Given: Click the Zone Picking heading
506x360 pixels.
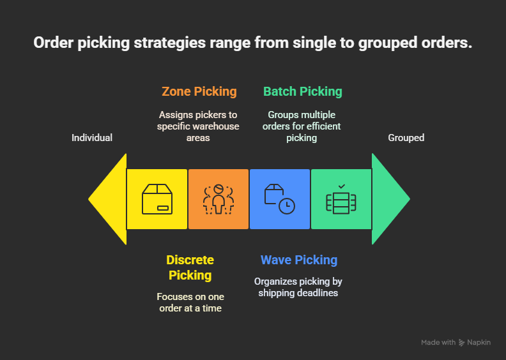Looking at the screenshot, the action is (199, 91).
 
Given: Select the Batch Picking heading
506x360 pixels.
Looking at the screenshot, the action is (303, 91).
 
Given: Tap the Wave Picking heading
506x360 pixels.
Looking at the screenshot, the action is (299, 260).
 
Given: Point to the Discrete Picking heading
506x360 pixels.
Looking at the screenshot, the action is (190, 267).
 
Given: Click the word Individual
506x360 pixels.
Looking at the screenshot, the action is (92, 138).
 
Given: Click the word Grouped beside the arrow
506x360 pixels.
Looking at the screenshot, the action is (406, 138).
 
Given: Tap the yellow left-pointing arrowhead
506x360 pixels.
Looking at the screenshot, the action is (107, 199).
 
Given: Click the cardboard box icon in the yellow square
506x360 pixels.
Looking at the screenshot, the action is (157, 199).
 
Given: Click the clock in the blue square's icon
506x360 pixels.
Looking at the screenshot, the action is (287, 206).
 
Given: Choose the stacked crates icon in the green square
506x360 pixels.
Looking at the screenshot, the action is (341, 203).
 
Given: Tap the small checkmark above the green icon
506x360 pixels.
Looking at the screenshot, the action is (342, 186).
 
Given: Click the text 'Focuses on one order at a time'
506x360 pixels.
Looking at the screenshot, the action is (190, 303).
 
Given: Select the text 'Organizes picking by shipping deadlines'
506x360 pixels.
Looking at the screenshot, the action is (298, 287).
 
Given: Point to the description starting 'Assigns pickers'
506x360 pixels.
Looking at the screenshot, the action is (198, 126).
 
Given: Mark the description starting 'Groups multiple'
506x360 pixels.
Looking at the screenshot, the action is (302, 126).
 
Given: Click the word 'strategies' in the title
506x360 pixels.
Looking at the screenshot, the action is (170, 43).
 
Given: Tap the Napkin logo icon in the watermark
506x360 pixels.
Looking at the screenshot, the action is (462, 343).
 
